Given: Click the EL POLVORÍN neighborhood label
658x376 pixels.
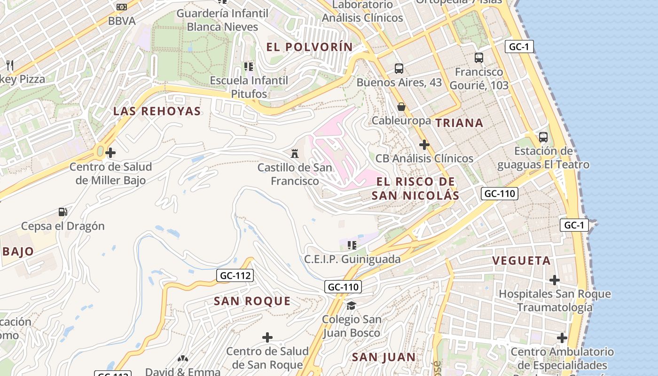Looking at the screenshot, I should coord(309,47).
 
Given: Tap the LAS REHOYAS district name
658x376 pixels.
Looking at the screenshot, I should coord(157,111).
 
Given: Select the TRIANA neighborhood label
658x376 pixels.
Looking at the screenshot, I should coord(459,123).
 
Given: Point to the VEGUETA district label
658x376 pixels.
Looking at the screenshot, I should coord(521,261).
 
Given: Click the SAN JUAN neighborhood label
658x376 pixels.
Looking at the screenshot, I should coord(384,357).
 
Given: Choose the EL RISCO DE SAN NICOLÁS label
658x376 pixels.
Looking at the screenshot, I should coord(415,188).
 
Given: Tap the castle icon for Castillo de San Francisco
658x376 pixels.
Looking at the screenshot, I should coord(295,153).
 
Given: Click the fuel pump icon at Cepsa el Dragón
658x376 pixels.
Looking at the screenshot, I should coord(63,212).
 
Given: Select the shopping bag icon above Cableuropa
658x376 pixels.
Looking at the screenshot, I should coord(401,107).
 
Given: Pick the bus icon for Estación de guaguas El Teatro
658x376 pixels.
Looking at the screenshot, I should coord(543,137).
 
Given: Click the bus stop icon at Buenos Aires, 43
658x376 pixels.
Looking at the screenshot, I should coord(399,69).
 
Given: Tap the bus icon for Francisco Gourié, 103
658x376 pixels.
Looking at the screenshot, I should coord(479,58).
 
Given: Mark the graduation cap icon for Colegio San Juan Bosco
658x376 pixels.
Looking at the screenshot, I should coord(351,306).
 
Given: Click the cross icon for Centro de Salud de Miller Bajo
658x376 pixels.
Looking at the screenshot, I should coord(110,153).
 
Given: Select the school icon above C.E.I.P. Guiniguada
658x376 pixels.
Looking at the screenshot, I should coord(352,245).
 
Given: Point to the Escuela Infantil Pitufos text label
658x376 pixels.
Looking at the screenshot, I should coord(249,87).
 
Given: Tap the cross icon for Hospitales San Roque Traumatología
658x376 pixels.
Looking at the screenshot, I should coord(555,280).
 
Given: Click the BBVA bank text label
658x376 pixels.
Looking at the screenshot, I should coord(122,21).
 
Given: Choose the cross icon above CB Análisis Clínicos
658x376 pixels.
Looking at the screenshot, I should coord(424,145).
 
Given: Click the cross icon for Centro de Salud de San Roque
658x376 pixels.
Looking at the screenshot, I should coord(267,337).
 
